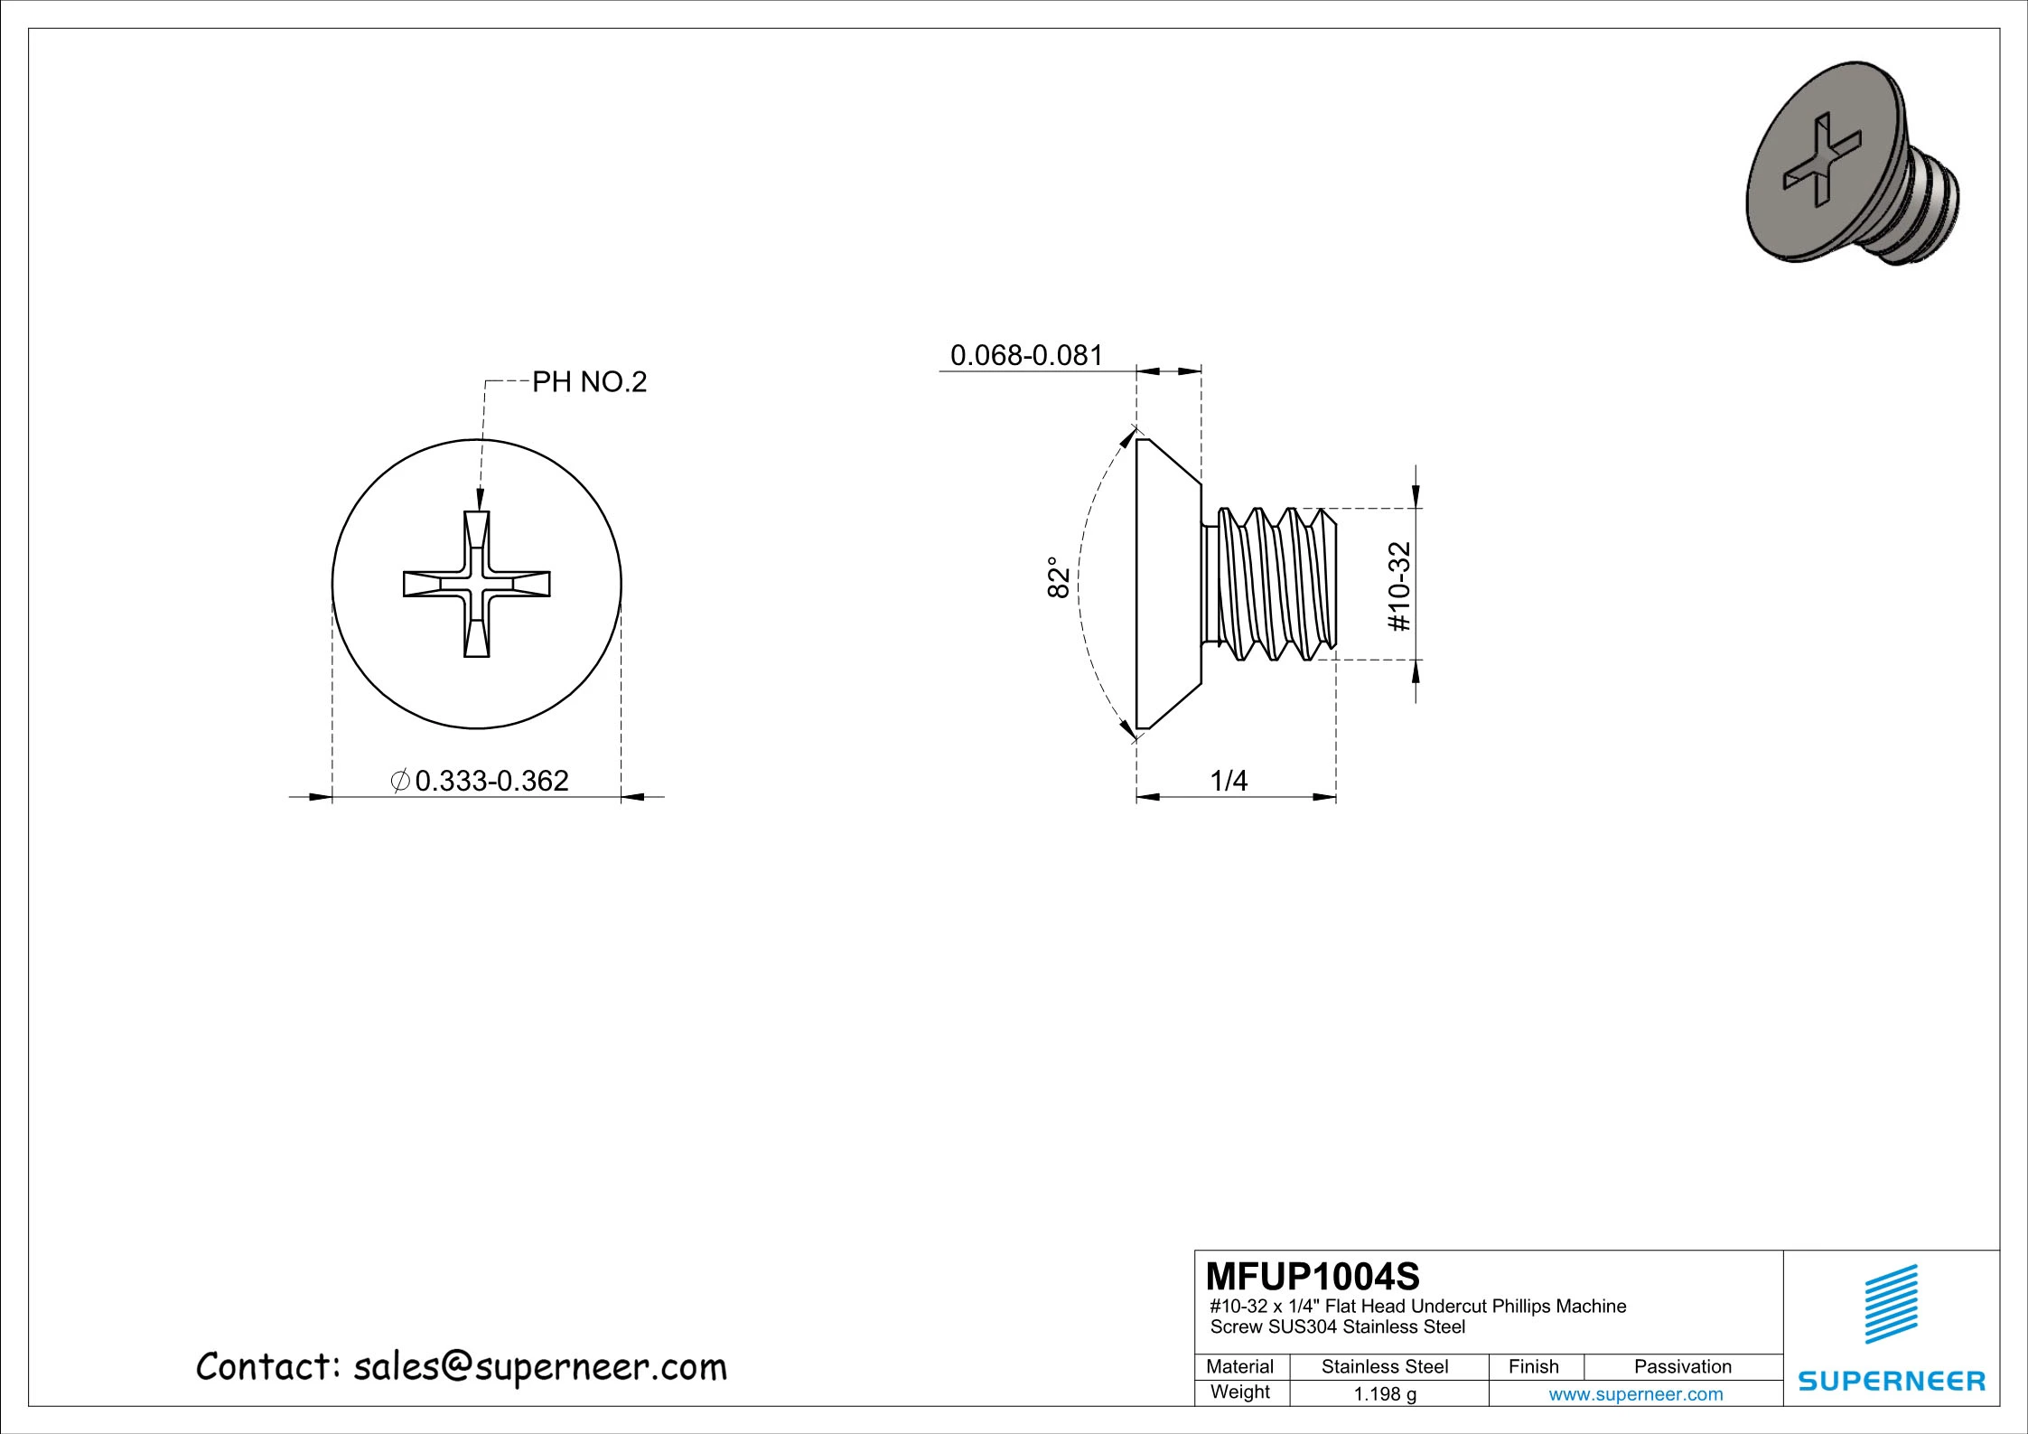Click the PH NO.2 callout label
pyautogui.click(x=589, y=382)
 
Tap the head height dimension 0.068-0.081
pyautogui.click(x=1026, y=355)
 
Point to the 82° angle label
pyautogui.click(x=1059, y=577)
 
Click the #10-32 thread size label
pyautogui.click(x=1398, y=586)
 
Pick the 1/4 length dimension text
pyautogui.click(x=1228, y=781)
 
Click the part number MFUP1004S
pyautogui.click(x=1313, y=1277)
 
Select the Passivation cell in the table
pyautogui.click(x=1682, y=1366)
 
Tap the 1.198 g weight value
pyautogui.click(x=1384, y=1394)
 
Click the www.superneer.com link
pyautogui.click(x=1635, y=1394)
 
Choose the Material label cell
pyautogui.click(x=1239, y=1366)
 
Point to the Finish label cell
pyautogui.click(x=1533, y=1366)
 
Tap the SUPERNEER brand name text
pyautogui.click(x=1892, y=1381)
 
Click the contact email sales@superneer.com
pyautogui.click(x=539, y=1367)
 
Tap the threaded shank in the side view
pyautogui.click(x=1274, y=584)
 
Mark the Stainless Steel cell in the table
pyautogui.click(x=1384, y=1366)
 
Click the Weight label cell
pyautogui.click(x=1239, y=1392)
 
